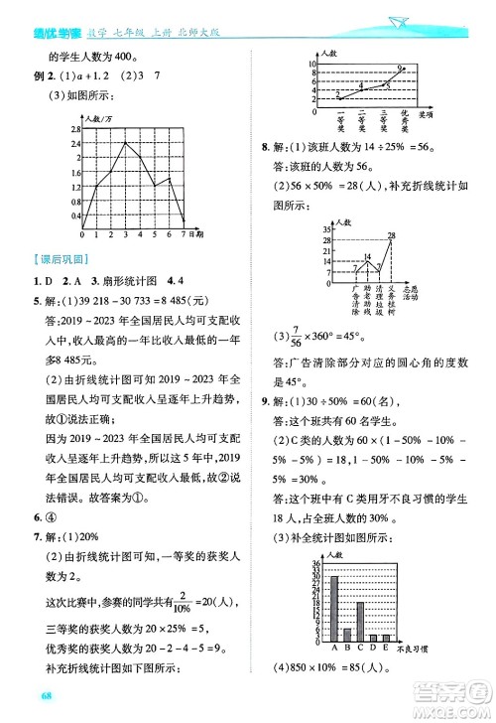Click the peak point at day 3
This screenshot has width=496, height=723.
coord(124,142)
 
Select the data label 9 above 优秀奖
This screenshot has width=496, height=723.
coord(400,68)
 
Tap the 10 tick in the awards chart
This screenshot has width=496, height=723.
coord(311,63)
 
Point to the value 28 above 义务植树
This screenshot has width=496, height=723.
coord(392,235)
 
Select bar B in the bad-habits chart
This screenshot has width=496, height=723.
coord(346,635)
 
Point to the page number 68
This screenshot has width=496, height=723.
coord(40,707)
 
